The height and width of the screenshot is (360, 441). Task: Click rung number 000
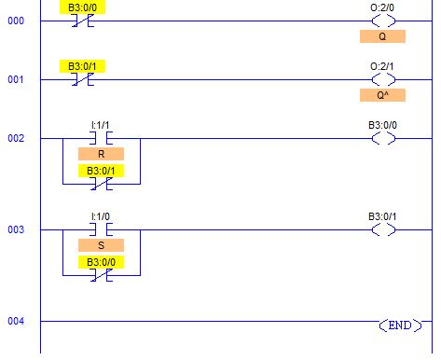[x=16, y=20]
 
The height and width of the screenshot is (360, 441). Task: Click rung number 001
[x=16, y=80]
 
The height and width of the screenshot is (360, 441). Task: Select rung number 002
[x=16, y=138]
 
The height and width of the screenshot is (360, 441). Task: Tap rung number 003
[x=16, y=229]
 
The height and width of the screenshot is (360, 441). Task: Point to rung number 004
[x=16, y=321]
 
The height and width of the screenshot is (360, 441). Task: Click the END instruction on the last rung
[x=399, y=325]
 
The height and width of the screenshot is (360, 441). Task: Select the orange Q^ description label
[x=382, y=95]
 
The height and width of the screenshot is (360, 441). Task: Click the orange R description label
[x=101, y=155]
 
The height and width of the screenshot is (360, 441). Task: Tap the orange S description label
[x=101, y=245]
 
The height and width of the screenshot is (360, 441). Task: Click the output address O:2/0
[x=382, y=6]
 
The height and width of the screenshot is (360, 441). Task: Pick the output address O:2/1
[x=382, y=65]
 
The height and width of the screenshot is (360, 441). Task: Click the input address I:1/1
[x=101, y=124]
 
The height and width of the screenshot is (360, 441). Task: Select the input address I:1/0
[x=101, y=215]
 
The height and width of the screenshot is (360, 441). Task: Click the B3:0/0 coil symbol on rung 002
[x=382, y=138]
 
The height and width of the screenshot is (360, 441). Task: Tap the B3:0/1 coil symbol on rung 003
[x=382, y=229]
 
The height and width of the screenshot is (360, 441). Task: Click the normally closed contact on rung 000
[x=82, y=20]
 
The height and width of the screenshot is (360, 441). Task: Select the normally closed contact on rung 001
[x=82, y=80]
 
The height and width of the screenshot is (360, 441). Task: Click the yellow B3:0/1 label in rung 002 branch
[x=101, y=171]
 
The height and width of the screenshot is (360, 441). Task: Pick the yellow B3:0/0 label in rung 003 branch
[x=101, y=262]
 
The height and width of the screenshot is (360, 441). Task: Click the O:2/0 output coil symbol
[x=382, y=20]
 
